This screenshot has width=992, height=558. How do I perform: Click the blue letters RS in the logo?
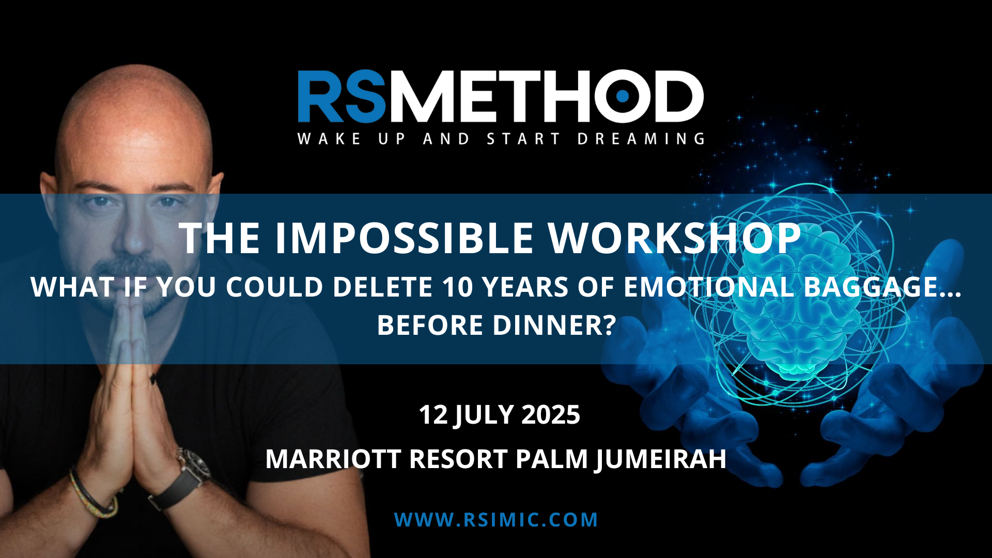[x=342, y=96]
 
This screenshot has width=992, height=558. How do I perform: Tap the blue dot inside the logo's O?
[x=623, y=96]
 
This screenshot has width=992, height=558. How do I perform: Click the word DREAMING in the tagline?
[x=641, y=138]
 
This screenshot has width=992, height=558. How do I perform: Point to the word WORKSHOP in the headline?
[x=675, y=238]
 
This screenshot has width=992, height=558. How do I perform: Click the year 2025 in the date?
[x=551, y=414]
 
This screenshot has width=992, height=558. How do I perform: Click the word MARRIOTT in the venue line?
[x=333, y=459]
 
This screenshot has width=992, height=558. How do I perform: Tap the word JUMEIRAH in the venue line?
[x=660, y=459]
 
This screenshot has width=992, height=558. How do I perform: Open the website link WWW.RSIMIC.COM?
[x=496, y=520]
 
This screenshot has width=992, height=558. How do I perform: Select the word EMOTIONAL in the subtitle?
[x=709, y=287]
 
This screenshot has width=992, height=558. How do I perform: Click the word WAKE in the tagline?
[x=329, y=138]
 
